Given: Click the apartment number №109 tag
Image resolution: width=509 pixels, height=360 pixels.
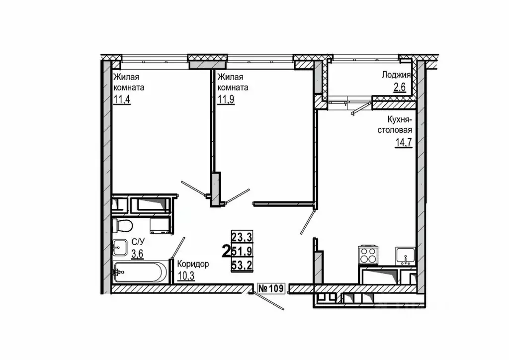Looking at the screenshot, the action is [x=271, y=288].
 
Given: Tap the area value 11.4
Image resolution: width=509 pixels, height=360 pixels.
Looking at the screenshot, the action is [x=122, y=98].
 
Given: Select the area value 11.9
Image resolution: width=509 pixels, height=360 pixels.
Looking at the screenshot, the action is [x=226, y=98].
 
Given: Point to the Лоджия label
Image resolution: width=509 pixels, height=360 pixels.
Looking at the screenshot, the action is [x=396, y=76].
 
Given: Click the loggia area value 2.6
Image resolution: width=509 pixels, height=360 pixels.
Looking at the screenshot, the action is [x=400, y=88].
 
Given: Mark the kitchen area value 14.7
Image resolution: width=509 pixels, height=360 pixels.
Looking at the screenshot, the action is [x=404, y=143].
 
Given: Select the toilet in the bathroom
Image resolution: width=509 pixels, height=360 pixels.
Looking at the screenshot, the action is [x=122, y=225].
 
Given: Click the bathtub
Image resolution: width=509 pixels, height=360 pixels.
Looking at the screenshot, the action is [x=141, y=272].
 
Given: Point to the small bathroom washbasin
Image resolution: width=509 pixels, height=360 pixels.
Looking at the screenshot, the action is [x=120, y=248].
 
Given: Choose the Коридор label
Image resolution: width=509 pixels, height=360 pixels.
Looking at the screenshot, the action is [x=193, y=264].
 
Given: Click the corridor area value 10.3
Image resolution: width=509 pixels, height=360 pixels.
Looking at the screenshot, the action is [x=186, y=276].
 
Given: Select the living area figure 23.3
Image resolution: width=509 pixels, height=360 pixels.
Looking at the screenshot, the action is [x=242, y=237].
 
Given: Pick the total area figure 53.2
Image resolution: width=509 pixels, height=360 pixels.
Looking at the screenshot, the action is [x=242, y=266].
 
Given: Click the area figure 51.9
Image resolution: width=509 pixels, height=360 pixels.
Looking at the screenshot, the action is [x=242, y=251].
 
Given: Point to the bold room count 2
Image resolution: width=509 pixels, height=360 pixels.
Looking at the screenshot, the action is [x=226, y=251].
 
